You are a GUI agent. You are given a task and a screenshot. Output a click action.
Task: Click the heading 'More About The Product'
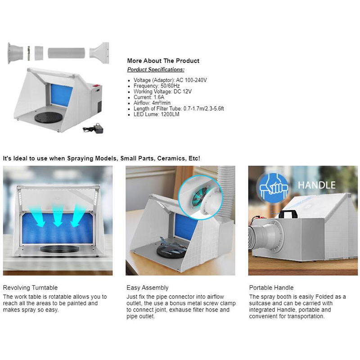pyautogui.click(x=163, y=61)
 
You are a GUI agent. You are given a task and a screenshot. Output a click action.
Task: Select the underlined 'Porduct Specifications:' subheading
pyautogui.click(x=156, y=70)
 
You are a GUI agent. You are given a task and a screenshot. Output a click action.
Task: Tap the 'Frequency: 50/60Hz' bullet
pyautogui.click(x=157, y=85)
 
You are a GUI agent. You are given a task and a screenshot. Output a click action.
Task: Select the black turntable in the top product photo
pyautogui.click(x=49, y=119)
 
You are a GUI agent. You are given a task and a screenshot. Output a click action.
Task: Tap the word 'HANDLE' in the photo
pyautogui.click(x=316, y=185)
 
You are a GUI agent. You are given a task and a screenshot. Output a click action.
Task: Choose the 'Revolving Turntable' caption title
pyautogui.click(x=30, y=288)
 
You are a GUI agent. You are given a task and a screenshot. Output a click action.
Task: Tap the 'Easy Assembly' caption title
pyautogui.click(x=147, y=288)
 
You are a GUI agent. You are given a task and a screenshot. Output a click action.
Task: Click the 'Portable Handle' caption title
pyautogui.click(x=271, y=288)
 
